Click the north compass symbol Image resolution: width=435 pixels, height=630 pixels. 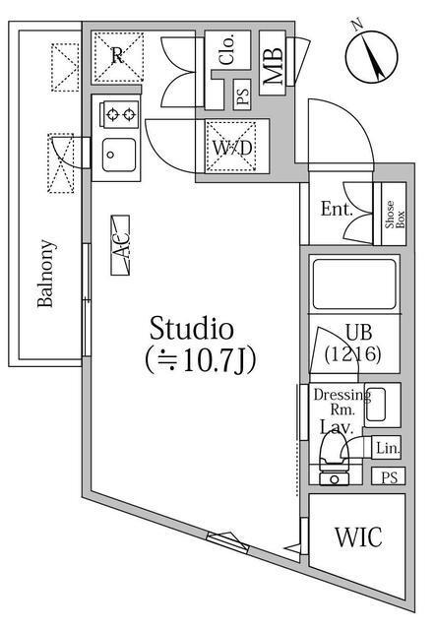[x=373, y=55]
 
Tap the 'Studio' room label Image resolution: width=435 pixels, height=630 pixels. [x=191, y=328]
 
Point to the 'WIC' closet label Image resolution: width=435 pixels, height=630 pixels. [x=358, y=538]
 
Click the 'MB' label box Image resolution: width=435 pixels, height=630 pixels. [x=274, y=65]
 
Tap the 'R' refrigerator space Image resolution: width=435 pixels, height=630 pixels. [x=117, y=56]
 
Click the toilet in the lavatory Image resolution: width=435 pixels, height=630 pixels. [x=336, y=459]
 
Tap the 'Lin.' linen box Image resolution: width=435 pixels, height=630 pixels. [x=388, y=448]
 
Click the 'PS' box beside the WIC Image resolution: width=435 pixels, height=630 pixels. [x=391, y=476]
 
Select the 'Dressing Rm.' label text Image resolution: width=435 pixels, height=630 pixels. [x=341, y=403]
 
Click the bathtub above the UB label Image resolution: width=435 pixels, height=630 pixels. [x=353, y=284]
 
